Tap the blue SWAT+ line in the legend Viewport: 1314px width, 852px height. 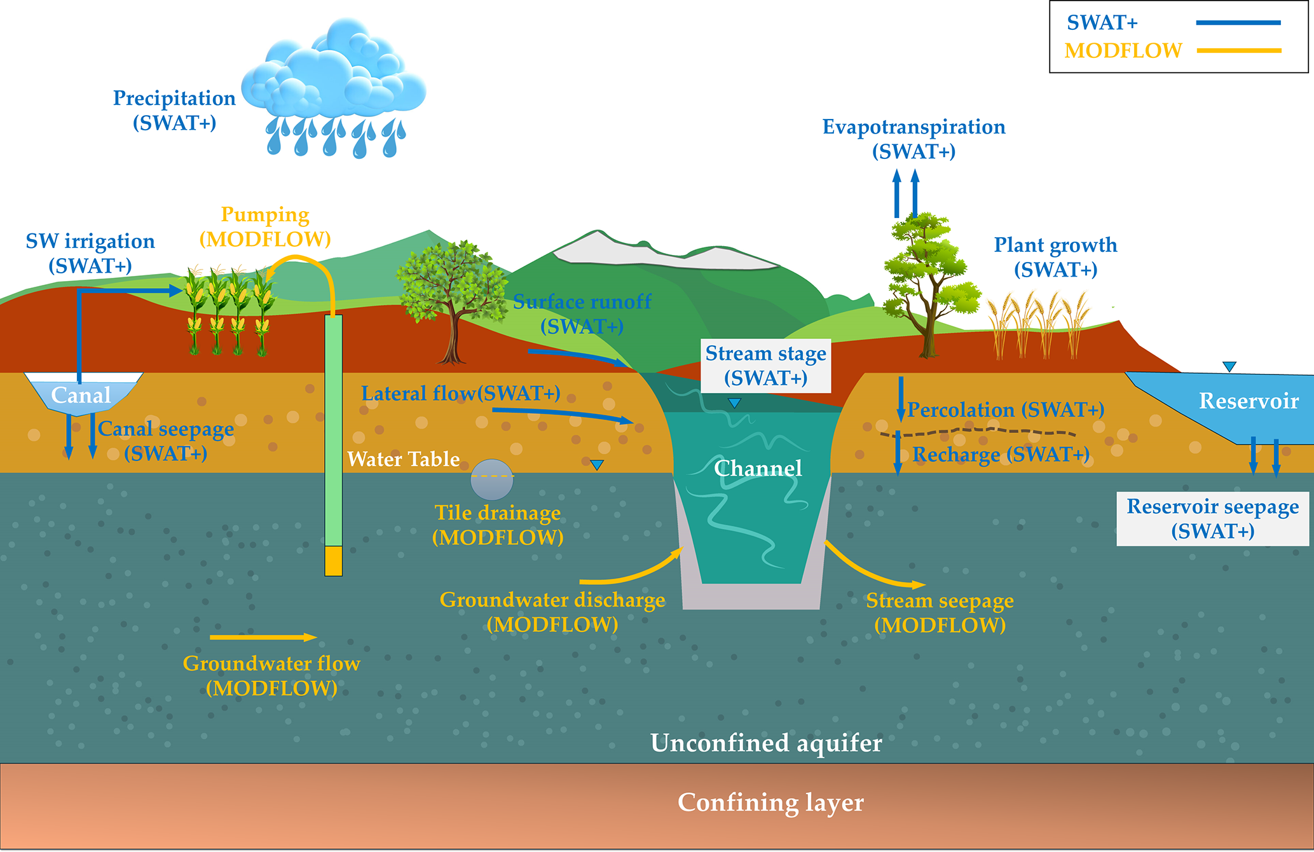click(x=1238, y=23)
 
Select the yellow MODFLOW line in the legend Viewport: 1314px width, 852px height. click(x=1238, y=50)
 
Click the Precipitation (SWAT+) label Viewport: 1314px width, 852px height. click(x=174, y=110)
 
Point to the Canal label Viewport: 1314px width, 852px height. click(x=81, y=395)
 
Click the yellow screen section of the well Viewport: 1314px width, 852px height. click(x=333, y=561)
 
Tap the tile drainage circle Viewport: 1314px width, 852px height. click(x=492, y=479)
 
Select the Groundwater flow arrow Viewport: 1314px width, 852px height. click(x=263, y=637)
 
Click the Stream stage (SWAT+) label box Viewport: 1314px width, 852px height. click(x=765, y=366)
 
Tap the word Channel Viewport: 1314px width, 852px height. click(x=758, y=469)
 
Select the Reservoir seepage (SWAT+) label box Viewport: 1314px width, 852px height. click(x=1212, y=519)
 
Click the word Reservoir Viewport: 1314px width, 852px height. click(x=1249, y=401)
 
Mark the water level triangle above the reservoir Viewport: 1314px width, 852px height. click(x=1229, y=366)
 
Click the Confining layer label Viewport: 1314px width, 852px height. click(x=770, y=802)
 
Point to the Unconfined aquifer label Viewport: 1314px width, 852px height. click(x=766, y=743)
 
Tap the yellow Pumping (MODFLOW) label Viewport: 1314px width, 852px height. click(x=265, y=227)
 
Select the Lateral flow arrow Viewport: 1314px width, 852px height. click(x=563, y=415)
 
